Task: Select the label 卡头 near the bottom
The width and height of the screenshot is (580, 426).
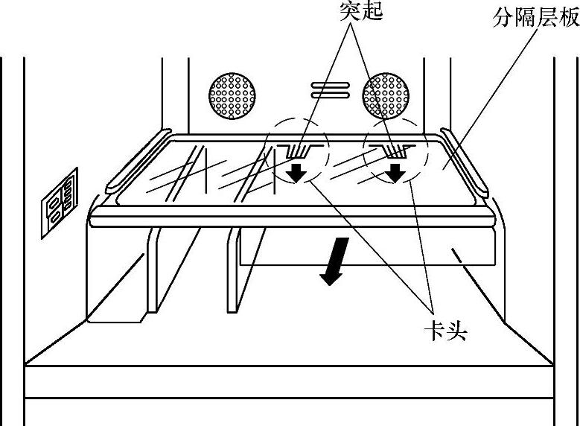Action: pyautogui.click(x=444, y=328)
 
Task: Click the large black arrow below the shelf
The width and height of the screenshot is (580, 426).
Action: pyautogui.click(x=332, y=261)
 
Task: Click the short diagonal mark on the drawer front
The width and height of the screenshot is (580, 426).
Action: pyautogui.click(x=456, y=258)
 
